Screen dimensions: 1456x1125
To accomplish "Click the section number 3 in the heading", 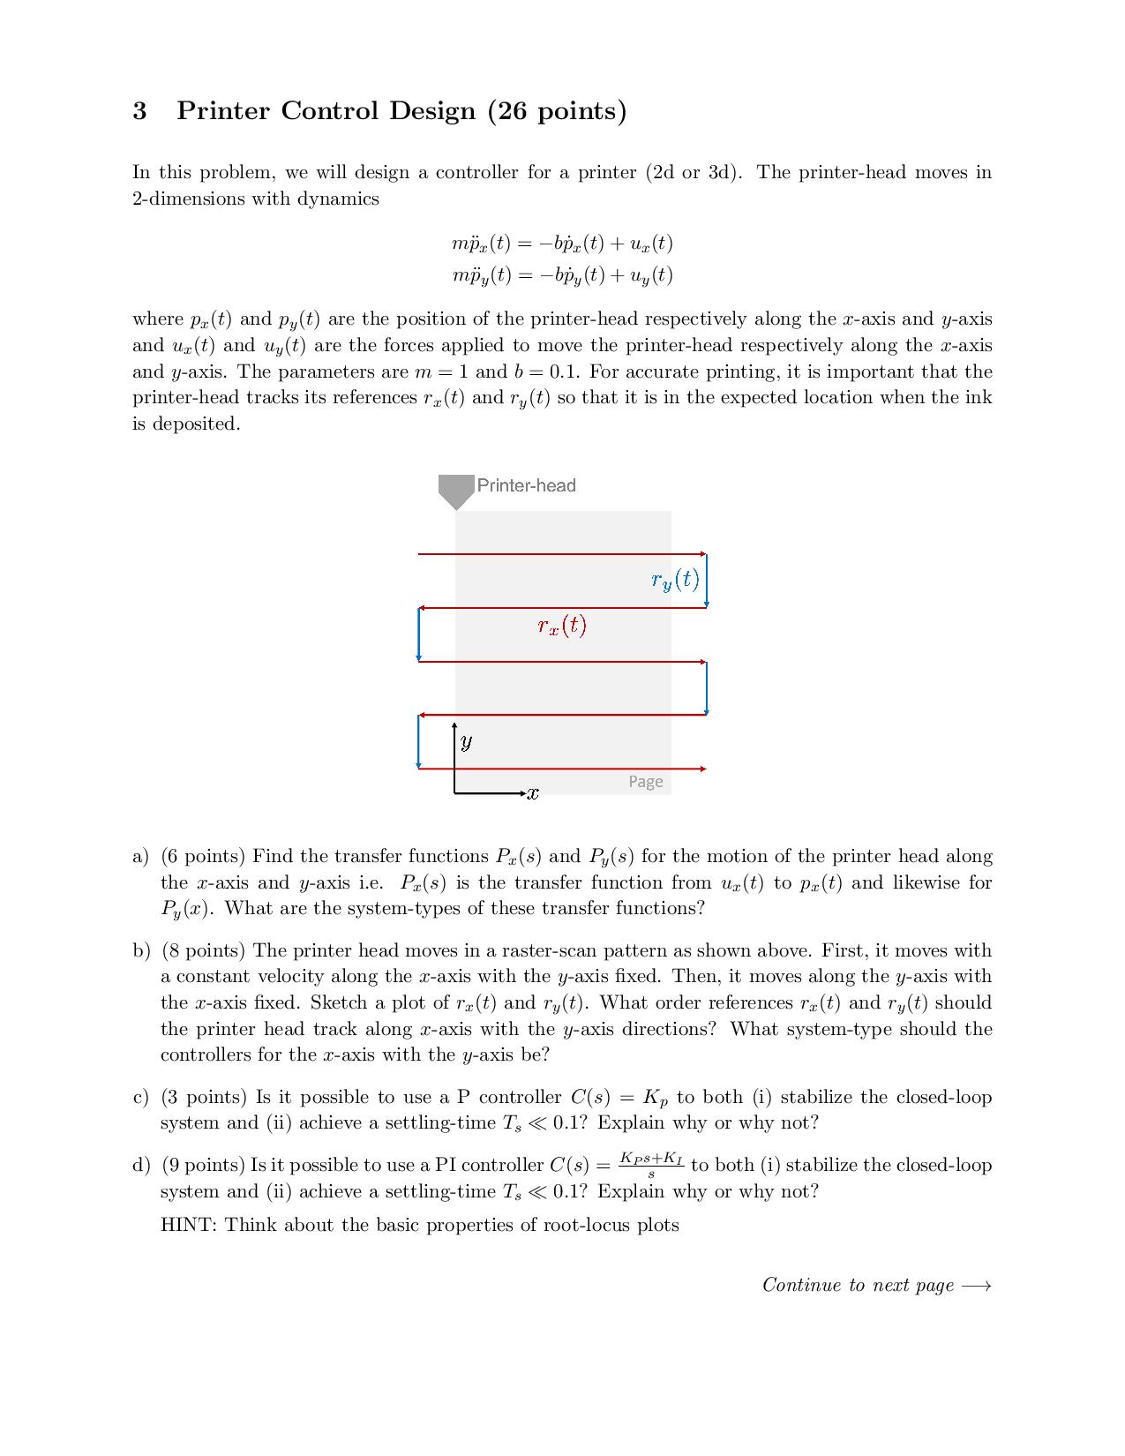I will coord(139,111).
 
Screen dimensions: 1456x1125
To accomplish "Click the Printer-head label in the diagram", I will coord(526,485).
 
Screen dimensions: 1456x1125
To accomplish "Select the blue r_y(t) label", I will coord(675,580).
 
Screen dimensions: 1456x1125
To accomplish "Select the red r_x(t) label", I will coord(562,626).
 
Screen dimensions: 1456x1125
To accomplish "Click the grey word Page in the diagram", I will coord(645,782).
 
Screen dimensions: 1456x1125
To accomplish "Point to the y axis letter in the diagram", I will coord(466,741).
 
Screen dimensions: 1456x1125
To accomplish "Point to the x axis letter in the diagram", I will coord(532,793).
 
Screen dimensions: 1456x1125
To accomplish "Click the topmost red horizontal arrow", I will coord(562,554).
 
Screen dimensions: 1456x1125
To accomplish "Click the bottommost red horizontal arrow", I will coord(562,769).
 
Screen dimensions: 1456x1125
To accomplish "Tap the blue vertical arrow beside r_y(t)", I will coord(707,580).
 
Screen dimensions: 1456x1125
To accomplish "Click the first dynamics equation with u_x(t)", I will coord(562,243).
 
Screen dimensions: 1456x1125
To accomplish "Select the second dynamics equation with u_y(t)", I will coord(562,275).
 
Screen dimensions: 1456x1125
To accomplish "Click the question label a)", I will coord(140,857).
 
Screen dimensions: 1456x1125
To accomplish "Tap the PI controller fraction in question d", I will coord(651,1165).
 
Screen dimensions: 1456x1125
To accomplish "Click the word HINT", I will coord(188,1226).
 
